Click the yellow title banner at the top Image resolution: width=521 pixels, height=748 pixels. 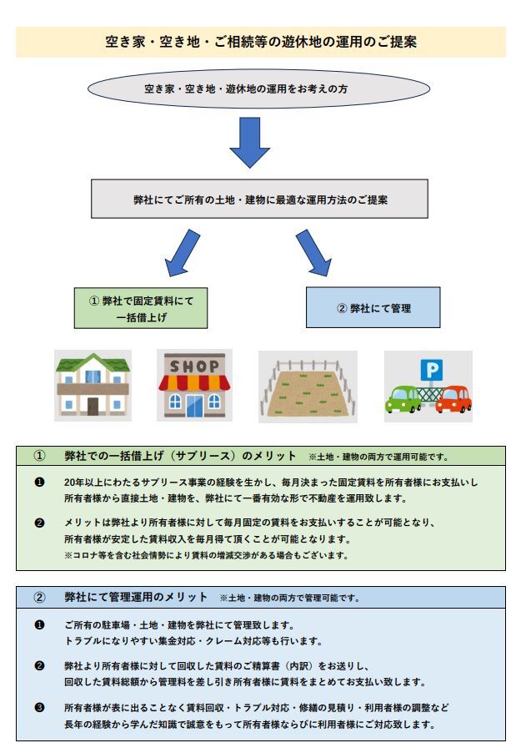pos(260,42)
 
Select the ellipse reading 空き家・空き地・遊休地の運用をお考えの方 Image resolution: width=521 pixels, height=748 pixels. pos(258,88)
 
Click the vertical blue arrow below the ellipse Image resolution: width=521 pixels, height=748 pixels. pos(249,142)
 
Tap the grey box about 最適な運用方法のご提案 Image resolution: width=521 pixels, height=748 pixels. pos(259,199)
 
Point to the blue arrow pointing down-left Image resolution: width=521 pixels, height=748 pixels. pos(182,253)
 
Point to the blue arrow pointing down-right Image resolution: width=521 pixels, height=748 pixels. pos(313,253)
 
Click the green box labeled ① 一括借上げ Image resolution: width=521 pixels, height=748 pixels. pos(141,308)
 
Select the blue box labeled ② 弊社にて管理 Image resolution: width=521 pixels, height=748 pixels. pos(373,308)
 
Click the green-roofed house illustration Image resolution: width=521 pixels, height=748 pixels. pos(93,385)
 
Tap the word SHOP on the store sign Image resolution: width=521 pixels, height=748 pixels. pos(194,366)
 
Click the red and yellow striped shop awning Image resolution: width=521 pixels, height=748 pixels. pos(194,382)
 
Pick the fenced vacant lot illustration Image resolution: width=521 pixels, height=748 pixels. pos(308,387)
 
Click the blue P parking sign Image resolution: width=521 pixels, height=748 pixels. pos(432,370)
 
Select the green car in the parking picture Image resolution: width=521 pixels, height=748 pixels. pos(403,400)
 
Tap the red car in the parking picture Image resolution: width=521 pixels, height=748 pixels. pos(453,400)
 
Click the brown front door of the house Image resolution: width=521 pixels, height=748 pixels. pos(93,407)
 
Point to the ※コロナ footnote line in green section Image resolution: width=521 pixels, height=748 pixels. pos(206,555)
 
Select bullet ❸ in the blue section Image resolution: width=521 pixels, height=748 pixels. pos(39,707)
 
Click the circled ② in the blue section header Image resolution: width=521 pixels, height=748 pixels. pos(39,597)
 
